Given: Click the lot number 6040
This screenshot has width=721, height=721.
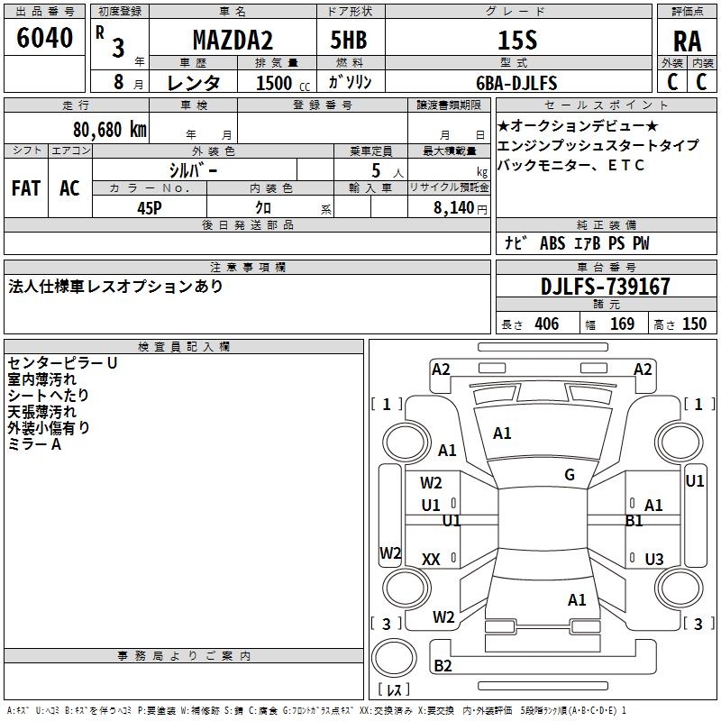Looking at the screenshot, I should click(x=45, y=38).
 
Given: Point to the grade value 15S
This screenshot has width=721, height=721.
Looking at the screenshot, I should click(x=517, y=41).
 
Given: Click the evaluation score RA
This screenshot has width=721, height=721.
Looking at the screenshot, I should click(x=687, y=41).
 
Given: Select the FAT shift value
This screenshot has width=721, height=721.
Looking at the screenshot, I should click(x=25, y=188).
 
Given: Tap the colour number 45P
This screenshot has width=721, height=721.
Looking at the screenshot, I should click(x=151, y=206).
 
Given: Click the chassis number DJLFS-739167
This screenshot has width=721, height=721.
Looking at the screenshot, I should click(x=606, y=287).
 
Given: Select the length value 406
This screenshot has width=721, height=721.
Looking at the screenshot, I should click(x=545, y=324).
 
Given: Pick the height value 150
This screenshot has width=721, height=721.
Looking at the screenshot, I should click(x=694, y=324).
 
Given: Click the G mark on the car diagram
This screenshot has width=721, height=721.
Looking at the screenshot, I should click(x=570, y=475).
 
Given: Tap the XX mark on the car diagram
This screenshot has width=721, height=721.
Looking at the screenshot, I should click(x=431, y=560).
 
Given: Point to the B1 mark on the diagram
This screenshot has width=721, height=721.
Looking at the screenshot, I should click(x=634, y=520).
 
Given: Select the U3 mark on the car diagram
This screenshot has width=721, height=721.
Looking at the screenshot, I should click(x=654, y=559).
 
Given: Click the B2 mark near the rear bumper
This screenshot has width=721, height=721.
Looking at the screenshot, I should click(x=443, y=666).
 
